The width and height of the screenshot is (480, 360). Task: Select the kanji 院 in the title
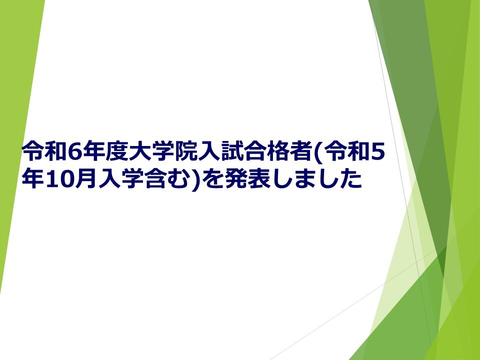pyautogui.click(x=185, y=151)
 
